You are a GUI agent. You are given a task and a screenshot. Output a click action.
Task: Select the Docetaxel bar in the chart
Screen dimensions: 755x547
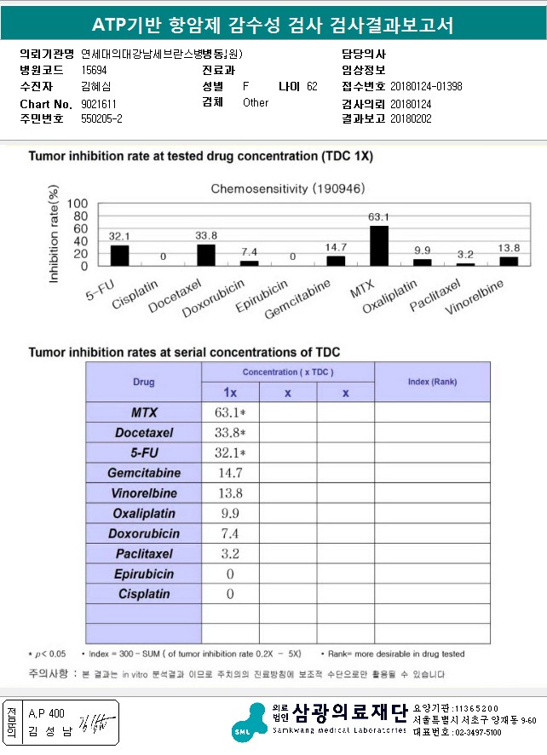click(206, 255)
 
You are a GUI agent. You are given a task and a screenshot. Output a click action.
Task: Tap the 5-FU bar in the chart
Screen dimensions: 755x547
click(120, 256)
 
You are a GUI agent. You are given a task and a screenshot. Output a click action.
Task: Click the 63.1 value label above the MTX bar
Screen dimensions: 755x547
click(378, 217)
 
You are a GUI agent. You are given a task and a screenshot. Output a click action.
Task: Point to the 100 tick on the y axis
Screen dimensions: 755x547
click(78, 204)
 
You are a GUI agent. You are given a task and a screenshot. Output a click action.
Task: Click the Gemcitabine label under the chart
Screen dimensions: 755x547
click(298, 297)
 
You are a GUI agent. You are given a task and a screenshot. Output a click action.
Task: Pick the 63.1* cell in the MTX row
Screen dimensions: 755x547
click(230, 413)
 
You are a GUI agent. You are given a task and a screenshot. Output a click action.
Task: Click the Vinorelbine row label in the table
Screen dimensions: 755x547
click(143, 493)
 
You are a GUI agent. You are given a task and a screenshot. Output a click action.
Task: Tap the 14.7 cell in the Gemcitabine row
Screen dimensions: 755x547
click(229, 473)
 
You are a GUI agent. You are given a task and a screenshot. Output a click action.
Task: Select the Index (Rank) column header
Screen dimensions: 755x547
click(432, 381)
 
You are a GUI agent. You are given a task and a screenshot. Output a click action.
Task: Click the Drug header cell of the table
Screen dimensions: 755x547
click(143, 382)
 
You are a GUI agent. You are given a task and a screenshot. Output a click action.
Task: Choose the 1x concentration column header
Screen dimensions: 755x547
click(230, 392)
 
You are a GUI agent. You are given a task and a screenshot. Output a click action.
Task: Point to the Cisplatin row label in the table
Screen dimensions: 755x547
click(143, 594)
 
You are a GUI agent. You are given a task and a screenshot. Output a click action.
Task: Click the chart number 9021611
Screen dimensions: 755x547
click(99, 103)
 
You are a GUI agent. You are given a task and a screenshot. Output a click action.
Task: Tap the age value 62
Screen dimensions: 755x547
click(312, 87)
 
